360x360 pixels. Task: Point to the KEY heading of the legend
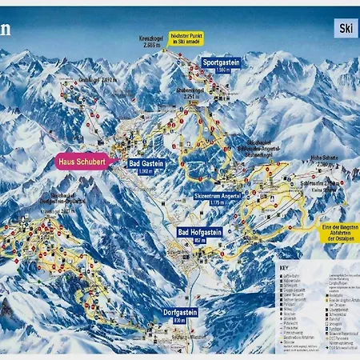click(x=284, y=267)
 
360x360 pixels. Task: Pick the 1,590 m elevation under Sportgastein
click(x=222, y=70)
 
